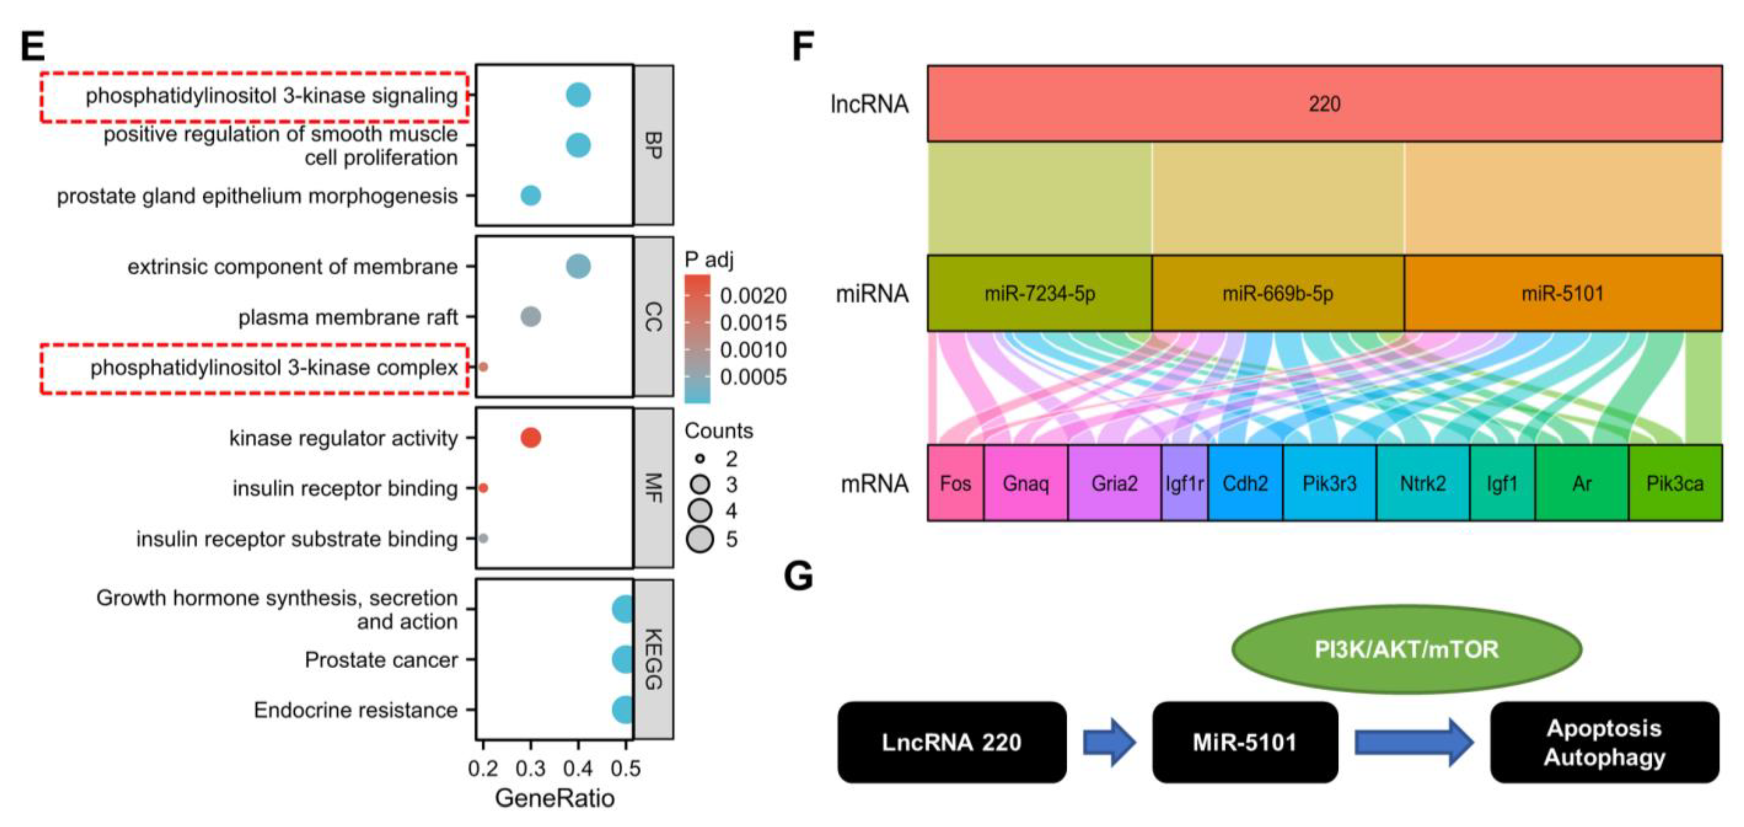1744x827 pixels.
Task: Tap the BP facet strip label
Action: (653, 145)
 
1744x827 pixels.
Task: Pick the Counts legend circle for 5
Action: (700, 539)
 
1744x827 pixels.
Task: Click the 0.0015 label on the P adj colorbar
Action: (753, 323)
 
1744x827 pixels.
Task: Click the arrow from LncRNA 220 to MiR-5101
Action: (1109, 742)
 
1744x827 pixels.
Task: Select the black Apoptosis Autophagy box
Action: (1604, 742)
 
